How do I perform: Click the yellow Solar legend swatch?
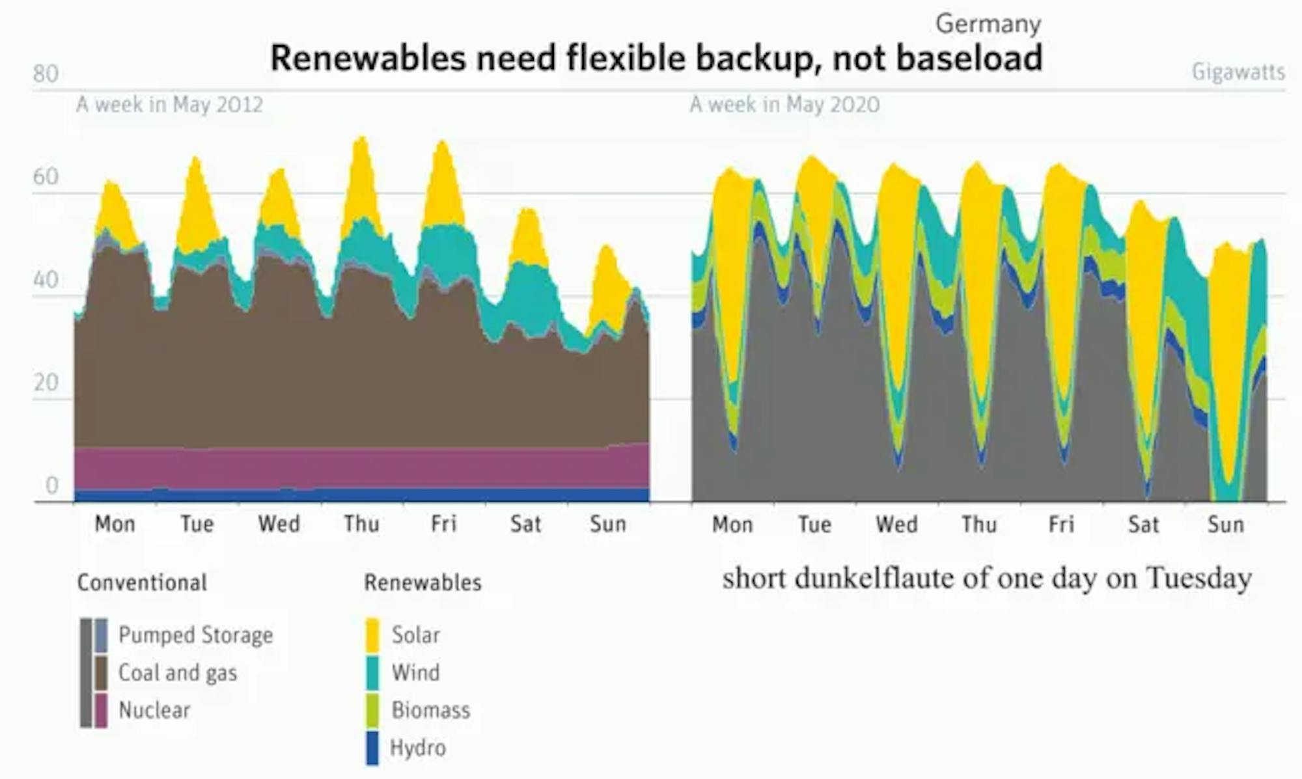(372, 635)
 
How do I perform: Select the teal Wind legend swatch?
(372, 673)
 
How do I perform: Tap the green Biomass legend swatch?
(372, 710)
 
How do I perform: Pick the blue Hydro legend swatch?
(372, 748)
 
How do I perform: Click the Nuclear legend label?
(154, 710)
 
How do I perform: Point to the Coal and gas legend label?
(178, 673)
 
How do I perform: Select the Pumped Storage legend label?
(195, 635)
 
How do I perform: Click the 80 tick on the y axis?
(46, 74)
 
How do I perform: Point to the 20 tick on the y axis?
(46, 383)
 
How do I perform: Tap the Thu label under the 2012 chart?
(361, 524)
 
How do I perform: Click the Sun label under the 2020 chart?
(1225, 525)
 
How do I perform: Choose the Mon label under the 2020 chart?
(732, 525)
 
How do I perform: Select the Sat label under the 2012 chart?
(525, 524)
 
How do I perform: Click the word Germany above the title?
(988, 24)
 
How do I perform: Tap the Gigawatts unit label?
(1238, 72)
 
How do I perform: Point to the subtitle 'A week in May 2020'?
(784, 104)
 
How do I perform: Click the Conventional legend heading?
(142, 582)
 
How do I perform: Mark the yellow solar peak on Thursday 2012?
(361, 176)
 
